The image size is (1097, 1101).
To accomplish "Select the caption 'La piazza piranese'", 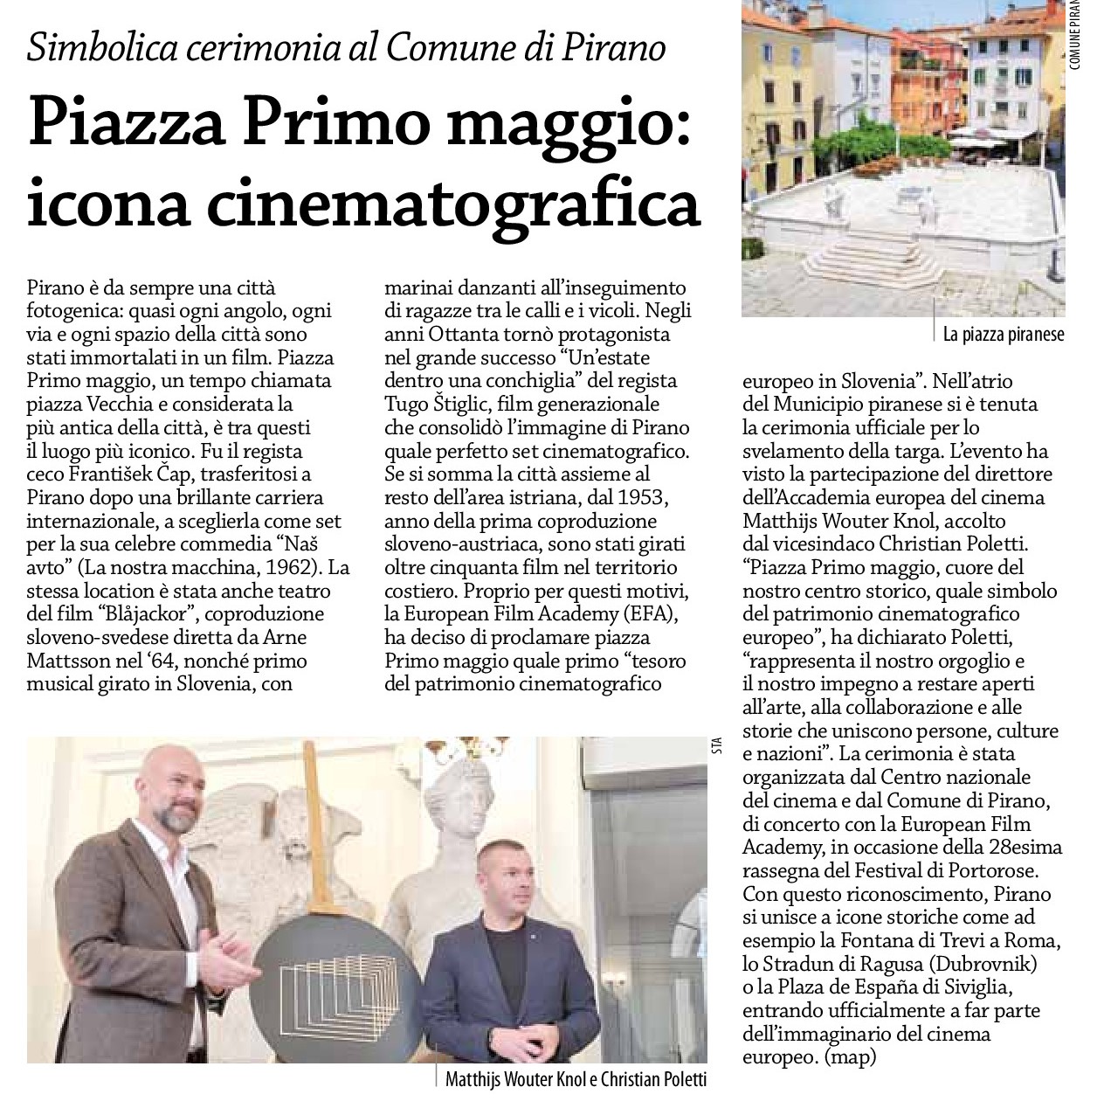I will (1004, 334).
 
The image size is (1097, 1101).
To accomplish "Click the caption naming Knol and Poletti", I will (575, 1079).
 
